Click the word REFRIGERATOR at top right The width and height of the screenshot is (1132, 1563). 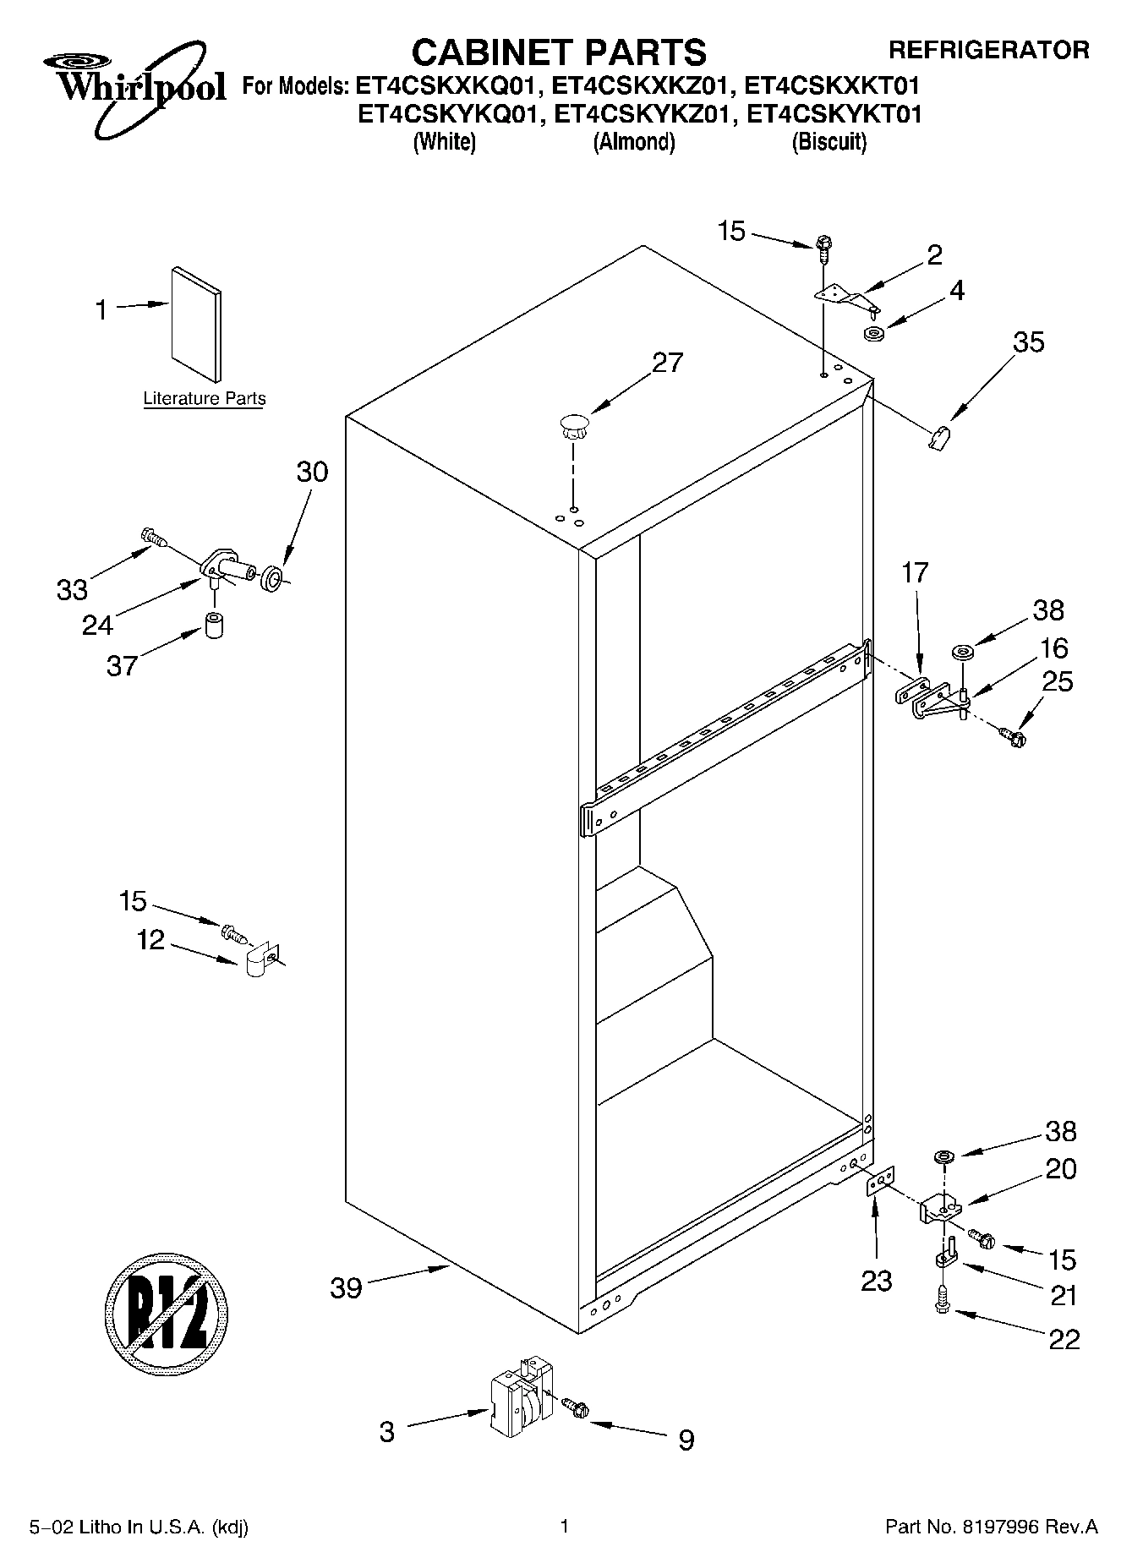pyautogui.click(x=988, y=50)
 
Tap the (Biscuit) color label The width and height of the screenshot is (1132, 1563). pyautogui.click(x=828, y=142)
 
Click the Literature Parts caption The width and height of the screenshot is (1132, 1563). pyautogui.click(x=204, y=398)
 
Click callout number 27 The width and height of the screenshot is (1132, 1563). pyautogui.click(x=667, y=363)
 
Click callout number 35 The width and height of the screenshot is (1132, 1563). pyautogui.click(x=1028, y=342)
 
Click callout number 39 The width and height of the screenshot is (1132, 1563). pyautogui.click(x=346, y=1288)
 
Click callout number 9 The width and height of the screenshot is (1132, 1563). pyautogui.click(x=686, y=1440)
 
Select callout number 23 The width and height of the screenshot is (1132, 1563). pyautogui.click(x=876, y=1282)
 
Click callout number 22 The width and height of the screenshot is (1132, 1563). pyautogui.click(x=1064, y=1340)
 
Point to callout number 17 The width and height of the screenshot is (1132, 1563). pyautogui.click(x=915, y=572)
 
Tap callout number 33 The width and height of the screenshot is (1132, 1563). pyautogui.click(x=72, y=589)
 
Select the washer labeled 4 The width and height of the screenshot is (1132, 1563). pyautogui.click(x=874, y=333)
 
